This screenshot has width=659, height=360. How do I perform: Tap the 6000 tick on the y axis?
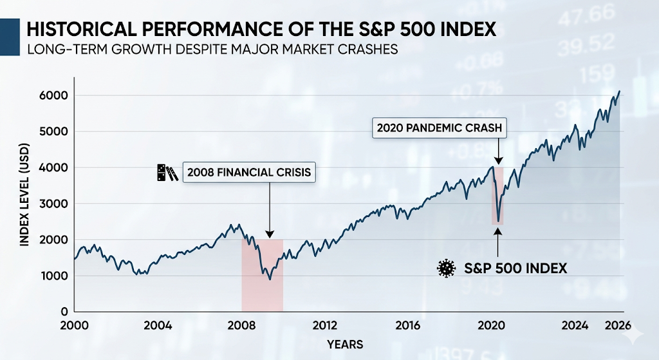pos(56,95)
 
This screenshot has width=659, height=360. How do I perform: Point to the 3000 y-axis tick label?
pos(56,204)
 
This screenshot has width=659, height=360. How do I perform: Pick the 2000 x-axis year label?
pos(75,326)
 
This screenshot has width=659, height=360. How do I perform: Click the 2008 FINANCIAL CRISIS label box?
pos(249,173)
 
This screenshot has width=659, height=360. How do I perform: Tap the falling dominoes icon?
pos(167,173)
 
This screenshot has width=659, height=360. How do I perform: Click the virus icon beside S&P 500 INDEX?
pos(445,268)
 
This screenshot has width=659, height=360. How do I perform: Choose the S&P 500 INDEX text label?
pos(515,268)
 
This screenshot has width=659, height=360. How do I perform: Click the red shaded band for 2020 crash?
pos(498,196)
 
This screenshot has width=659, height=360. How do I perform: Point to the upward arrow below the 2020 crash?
pos(498,242)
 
